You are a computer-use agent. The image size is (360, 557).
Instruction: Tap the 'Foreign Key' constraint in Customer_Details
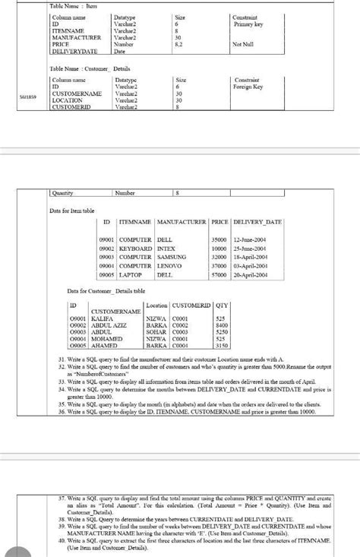pyautogui.click(x=248, y=87)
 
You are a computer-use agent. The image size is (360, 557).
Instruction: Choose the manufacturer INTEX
pyautogui.click(x=166, y=248)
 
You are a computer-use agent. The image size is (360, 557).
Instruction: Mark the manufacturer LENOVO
pyautogui.click(x=169, y=266)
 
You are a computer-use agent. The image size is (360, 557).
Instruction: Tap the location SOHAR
pyautogui.click(x=156, y=331)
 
